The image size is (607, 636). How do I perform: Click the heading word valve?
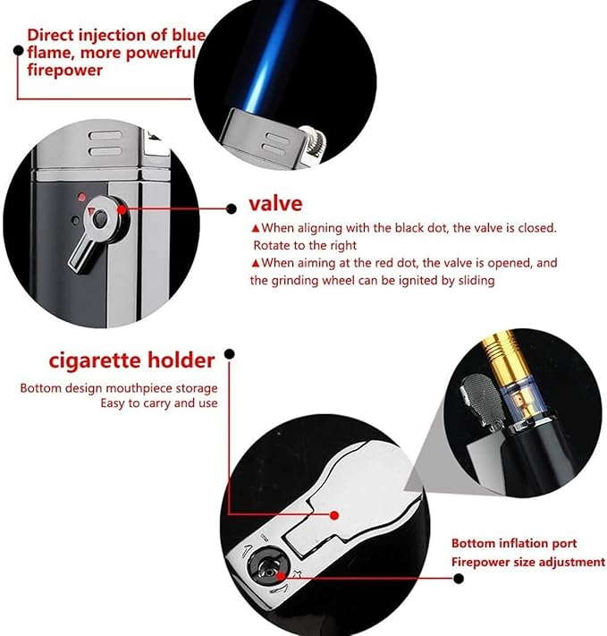(275, 203)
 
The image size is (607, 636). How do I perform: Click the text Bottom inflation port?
(513, 543)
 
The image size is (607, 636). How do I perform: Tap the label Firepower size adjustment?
(527, 562)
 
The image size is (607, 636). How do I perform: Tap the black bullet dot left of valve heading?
(230, 204)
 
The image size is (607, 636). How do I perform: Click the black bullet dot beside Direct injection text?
(17, 52)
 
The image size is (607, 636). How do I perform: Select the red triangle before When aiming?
(255, 263)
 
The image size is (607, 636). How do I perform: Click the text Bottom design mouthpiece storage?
(119, 387)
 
